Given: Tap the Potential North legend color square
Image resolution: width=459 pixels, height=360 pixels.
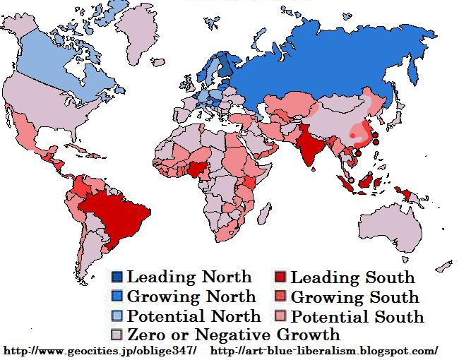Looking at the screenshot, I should (x=117, y=316).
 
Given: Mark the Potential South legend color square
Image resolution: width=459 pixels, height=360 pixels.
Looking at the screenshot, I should (x=280, y=316).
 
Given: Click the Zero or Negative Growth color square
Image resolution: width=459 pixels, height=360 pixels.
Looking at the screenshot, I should (x=117, y=335).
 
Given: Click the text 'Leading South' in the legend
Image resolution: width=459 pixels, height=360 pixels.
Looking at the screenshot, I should (x=352, y=277).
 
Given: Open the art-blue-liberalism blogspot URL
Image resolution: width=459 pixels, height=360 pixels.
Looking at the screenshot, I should (x=324, y=350).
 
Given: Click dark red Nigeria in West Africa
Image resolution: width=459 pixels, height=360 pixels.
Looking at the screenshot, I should (x=198, y=169).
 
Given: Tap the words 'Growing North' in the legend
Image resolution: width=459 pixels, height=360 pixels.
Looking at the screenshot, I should (x=191, y=297).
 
